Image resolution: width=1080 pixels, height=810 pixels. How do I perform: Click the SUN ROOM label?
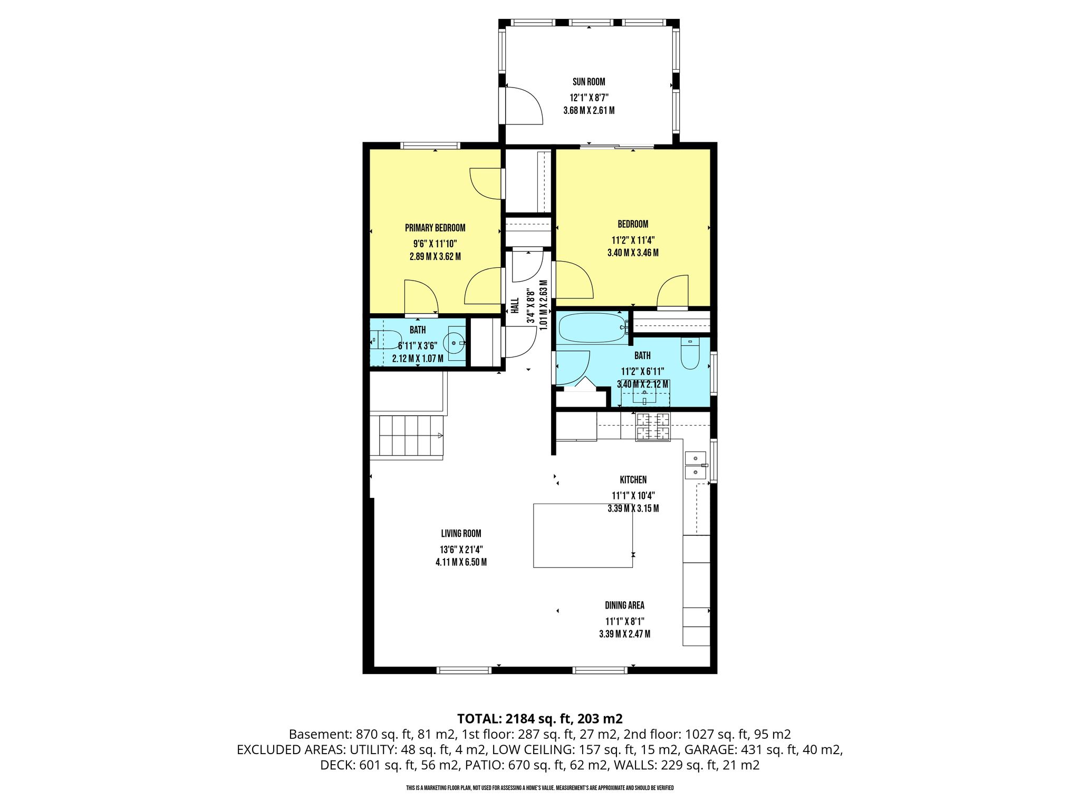tap(589, 82)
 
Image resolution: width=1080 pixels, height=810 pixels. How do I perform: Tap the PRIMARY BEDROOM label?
tap(435, 228)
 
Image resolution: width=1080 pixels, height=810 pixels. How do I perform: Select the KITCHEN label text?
tap(633, 480)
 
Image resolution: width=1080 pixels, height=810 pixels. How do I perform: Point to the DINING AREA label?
tap(624, 605)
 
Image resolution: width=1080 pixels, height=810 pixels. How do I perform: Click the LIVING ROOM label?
tap(461, 534)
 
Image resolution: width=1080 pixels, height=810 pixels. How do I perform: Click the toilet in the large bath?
tap(690, 353)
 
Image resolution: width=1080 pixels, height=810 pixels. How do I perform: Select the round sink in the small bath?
tap(455, 343)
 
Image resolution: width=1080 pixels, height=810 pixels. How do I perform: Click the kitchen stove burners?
tap(653, 427)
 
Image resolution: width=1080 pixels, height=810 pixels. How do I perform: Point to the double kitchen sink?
tap(696, 465)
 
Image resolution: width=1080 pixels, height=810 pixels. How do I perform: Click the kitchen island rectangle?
tap(583, 535)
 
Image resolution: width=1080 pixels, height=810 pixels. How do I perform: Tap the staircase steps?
tap(411, 436)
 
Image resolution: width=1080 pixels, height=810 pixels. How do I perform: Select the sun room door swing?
tap(524, 105)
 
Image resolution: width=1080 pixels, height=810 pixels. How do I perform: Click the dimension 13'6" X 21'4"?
tap(461, 549)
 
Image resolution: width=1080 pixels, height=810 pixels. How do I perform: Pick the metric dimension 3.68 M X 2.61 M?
tap(589, 111)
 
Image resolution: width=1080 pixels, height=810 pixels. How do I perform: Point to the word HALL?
tap(515, 306)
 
